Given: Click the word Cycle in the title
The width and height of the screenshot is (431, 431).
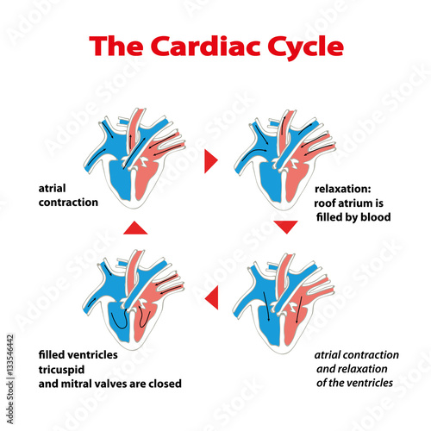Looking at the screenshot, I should pyautogui.click(x=290, y=44).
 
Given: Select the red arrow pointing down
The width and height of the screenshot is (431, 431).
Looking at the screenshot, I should pyautogui.click(x=285, y=227).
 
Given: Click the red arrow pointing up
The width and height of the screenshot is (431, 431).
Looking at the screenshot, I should pyautogui.click(x=133, y=227).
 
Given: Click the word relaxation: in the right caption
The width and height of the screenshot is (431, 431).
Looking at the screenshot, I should pyautogui.click(x=341, y=188).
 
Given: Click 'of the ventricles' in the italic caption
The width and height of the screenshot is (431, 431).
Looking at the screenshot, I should pyautogui.click(x=357, y=382).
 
